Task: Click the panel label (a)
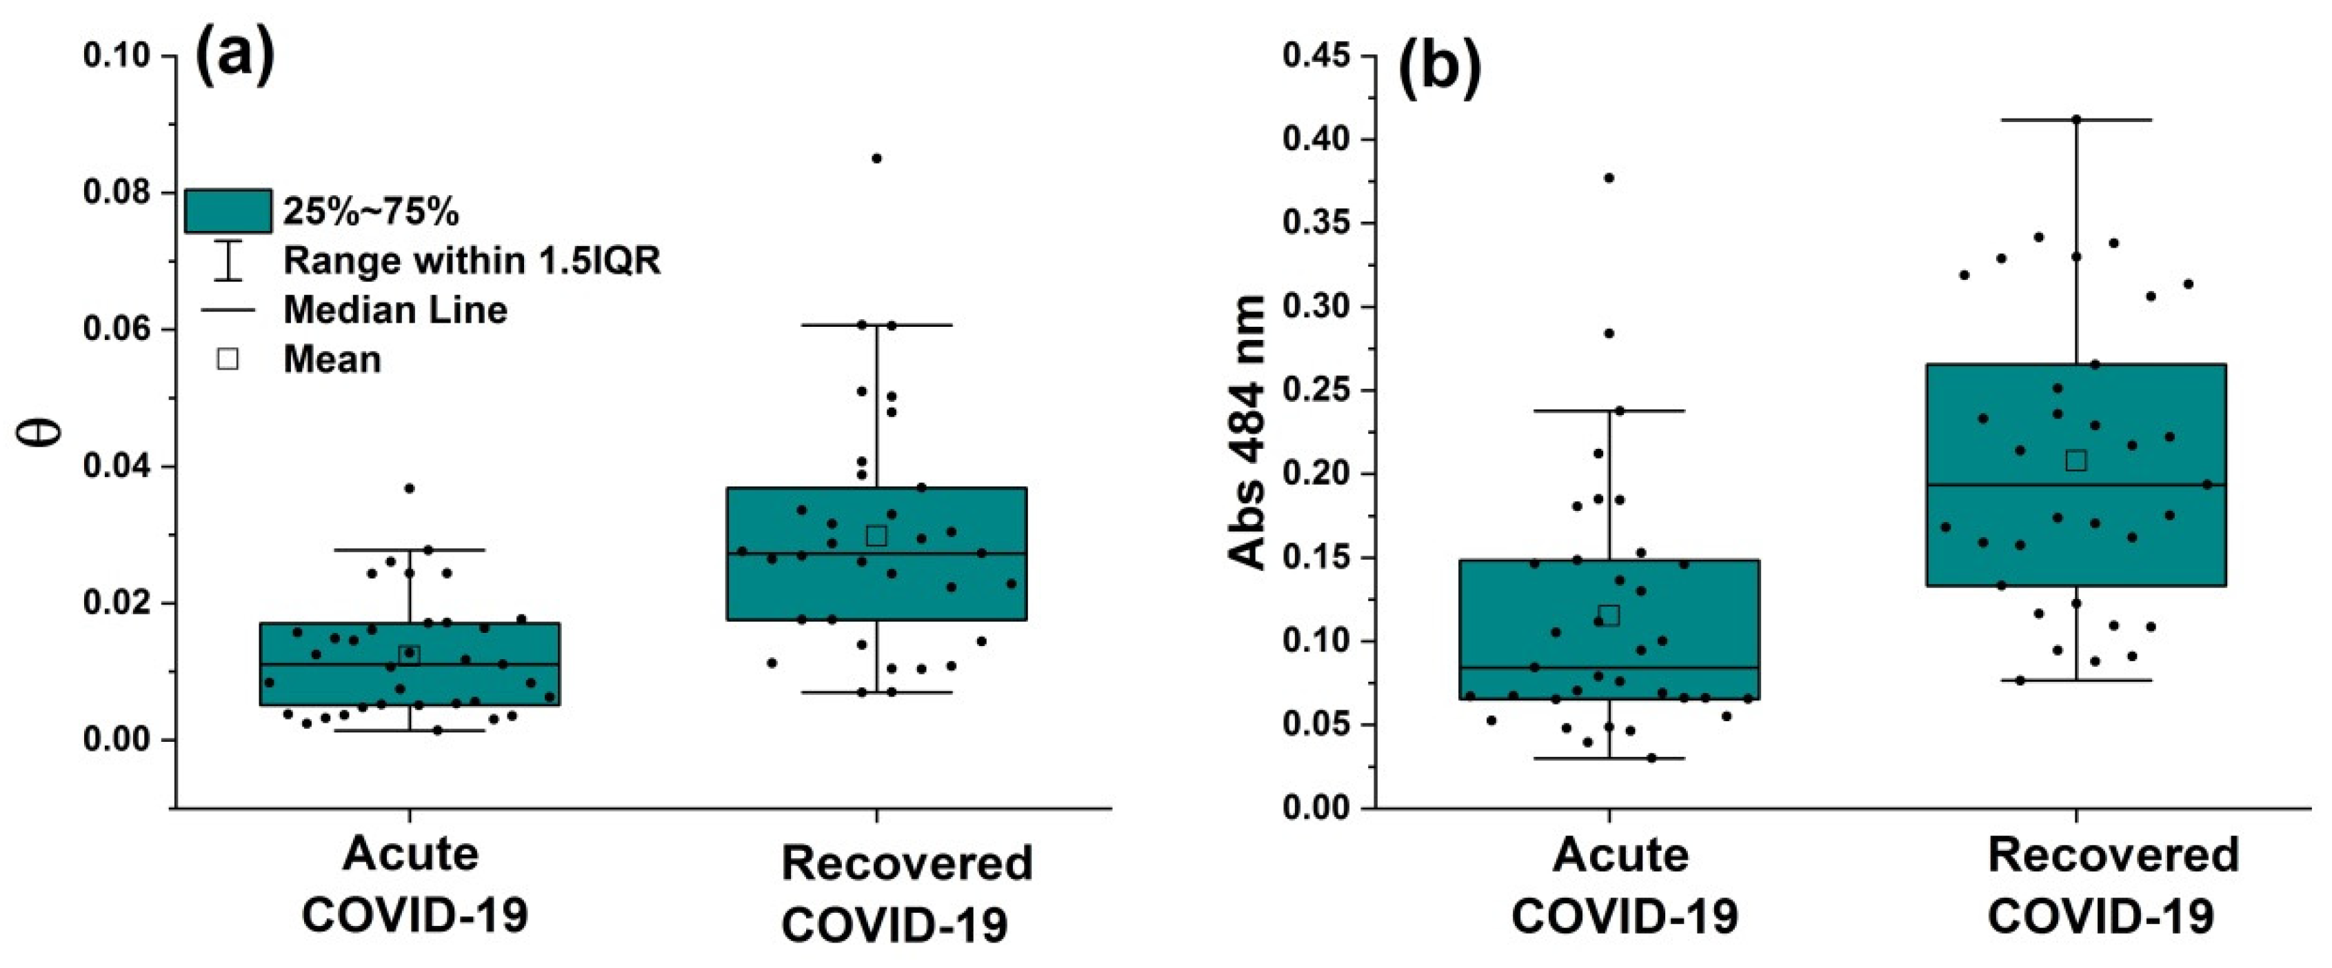click(235, 56)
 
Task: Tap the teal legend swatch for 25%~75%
click(228, 211)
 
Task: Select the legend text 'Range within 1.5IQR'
click(472, 261)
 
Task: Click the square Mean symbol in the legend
click(228, 359)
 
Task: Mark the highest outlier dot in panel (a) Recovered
click(876, 159)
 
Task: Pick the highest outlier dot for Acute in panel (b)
click(1609, 177)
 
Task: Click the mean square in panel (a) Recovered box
click(876, 536)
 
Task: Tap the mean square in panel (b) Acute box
click(1609, 616)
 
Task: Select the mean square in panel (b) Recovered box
click(2075, 461)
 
